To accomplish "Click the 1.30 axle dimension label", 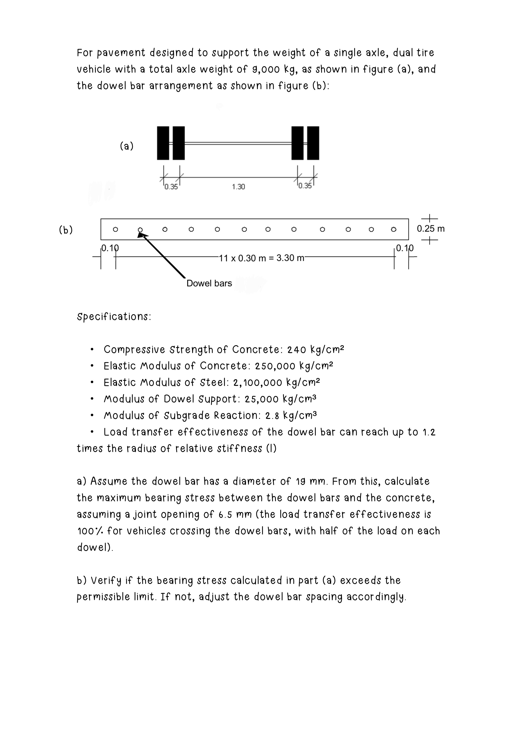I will click(238, 187).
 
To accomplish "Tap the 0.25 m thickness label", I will click(431, 229).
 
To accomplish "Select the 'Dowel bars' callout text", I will click(209, 283).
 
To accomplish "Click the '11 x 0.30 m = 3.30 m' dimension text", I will click(261, 258).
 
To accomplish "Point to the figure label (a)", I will click(126, 147).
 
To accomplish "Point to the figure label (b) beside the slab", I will click(66, 230).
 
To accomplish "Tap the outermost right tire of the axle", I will click(313, 143).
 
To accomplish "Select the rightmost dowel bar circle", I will click(393, 229).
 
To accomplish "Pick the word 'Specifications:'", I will click(114, 317).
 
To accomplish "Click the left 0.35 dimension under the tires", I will click(171, 187).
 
